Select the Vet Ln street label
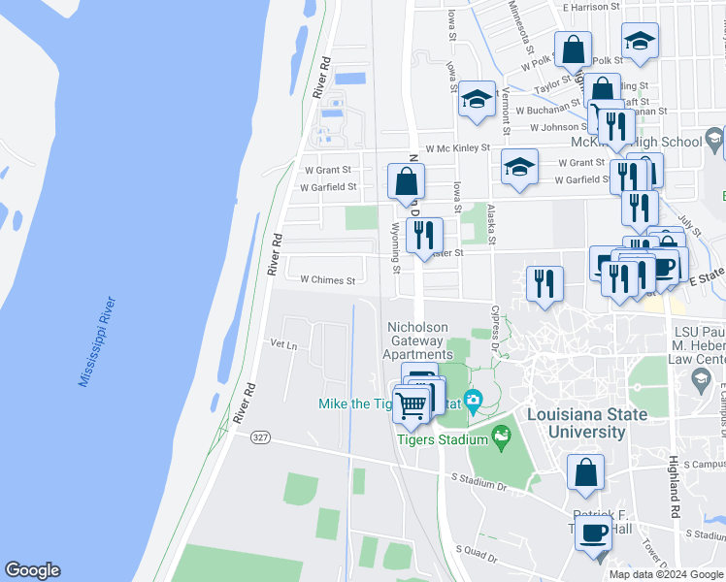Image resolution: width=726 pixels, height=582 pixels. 283,344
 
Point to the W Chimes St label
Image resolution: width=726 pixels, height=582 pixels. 327,279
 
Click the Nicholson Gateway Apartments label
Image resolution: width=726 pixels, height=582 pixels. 418,341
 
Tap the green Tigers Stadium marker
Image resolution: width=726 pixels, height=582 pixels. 502,438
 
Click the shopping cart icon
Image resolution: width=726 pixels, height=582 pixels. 412,404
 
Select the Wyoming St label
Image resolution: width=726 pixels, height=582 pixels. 395,246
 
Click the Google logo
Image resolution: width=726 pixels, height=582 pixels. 32,570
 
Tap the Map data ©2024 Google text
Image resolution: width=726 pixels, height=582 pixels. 665,574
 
